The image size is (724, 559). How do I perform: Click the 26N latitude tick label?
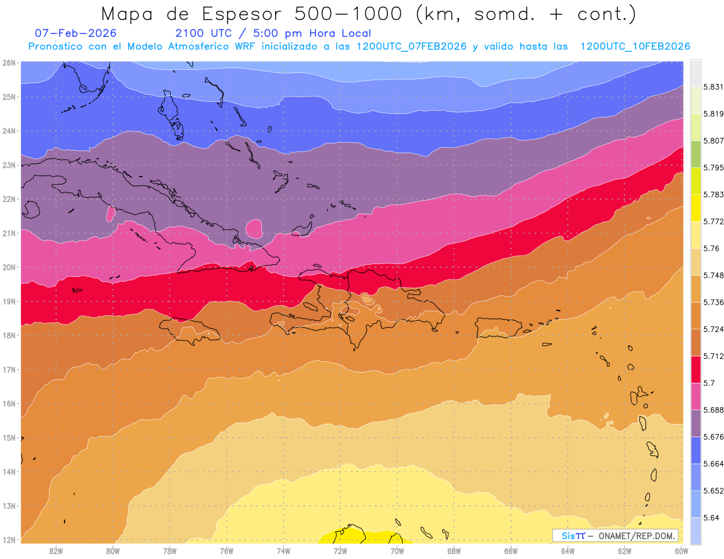coord(8,62)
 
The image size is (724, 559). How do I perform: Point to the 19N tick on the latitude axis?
coord(8,302)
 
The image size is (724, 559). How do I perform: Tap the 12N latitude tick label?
coord(8,540)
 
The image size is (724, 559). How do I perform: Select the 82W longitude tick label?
coord(56,551)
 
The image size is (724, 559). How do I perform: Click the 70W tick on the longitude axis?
coord(397,551)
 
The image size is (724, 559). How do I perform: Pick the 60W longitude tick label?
coord(681,551)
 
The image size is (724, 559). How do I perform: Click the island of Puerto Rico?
coord(498,327)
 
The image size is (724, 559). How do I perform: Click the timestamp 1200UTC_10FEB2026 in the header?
coord(635,46)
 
